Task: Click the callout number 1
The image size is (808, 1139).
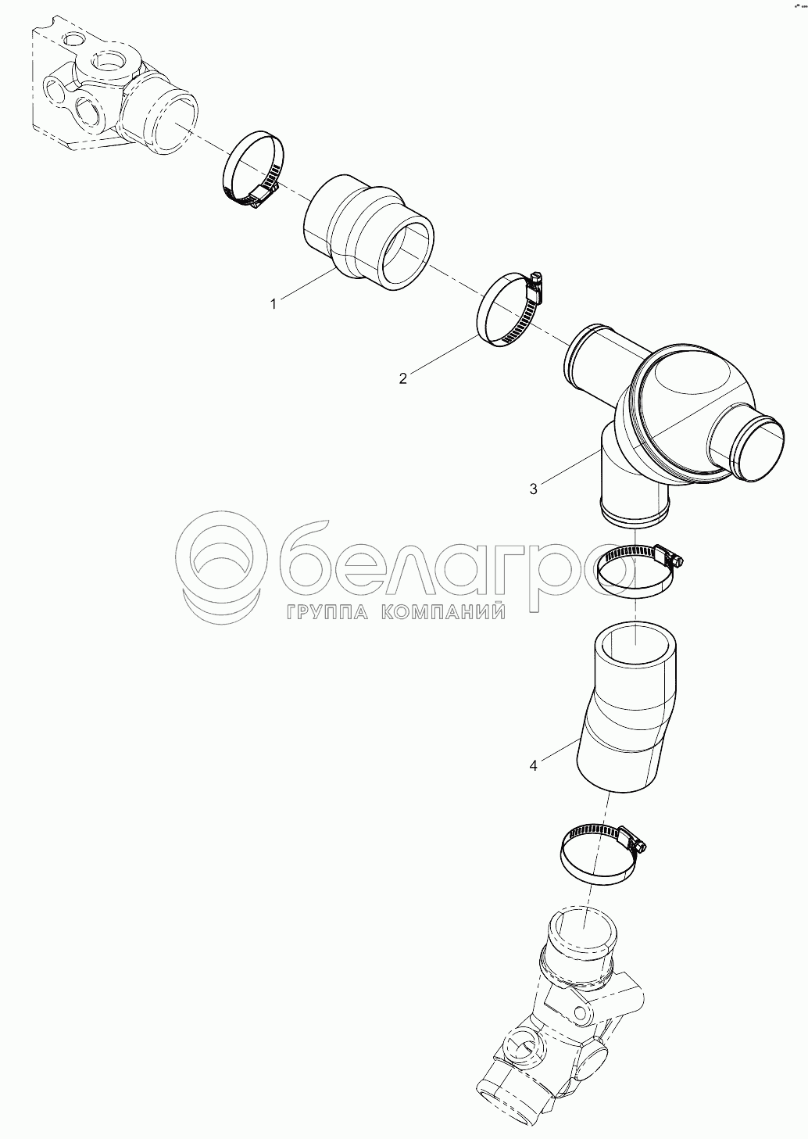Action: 274,304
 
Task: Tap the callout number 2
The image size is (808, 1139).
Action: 403,378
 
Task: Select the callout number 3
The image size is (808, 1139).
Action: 533,489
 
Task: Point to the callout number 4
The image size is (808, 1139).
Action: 533,779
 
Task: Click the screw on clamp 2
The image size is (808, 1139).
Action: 535,281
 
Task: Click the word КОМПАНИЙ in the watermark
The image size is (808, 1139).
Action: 442,611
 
